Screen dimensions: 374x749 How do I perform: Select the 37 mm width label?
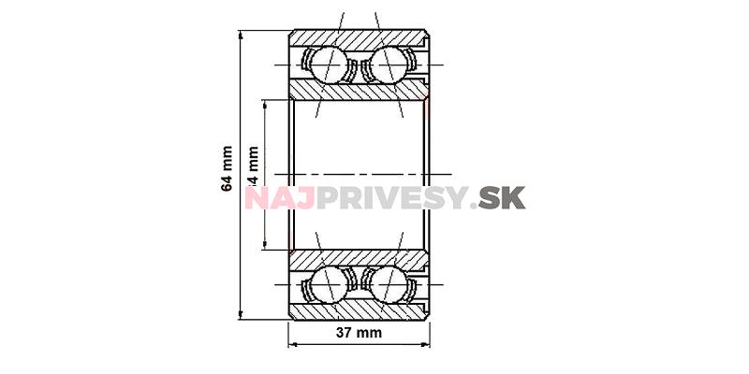coord(360,332)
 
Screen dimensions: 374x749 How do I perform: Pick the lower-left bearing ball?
coord(327,283)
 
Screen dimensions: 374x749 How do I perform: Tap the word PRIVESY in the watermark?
coord(390,198)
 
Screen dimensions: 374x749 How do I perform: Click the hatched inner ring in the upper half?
coord(360,91)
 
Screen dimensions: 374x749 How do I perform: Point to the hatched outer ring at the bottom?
coord(360,310)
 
